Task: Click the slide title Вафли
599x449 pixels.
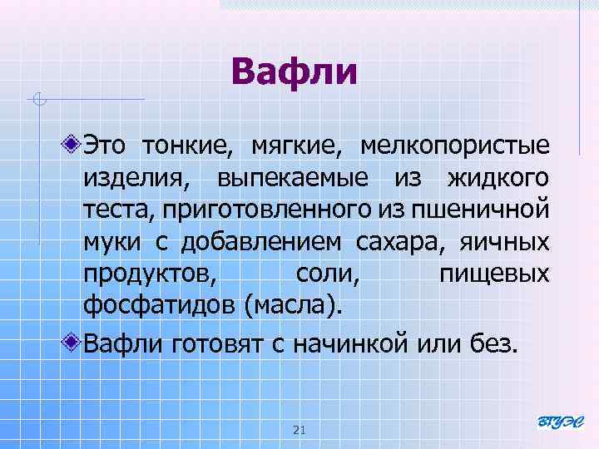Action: pyautogui.click(x=295, y=72)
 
